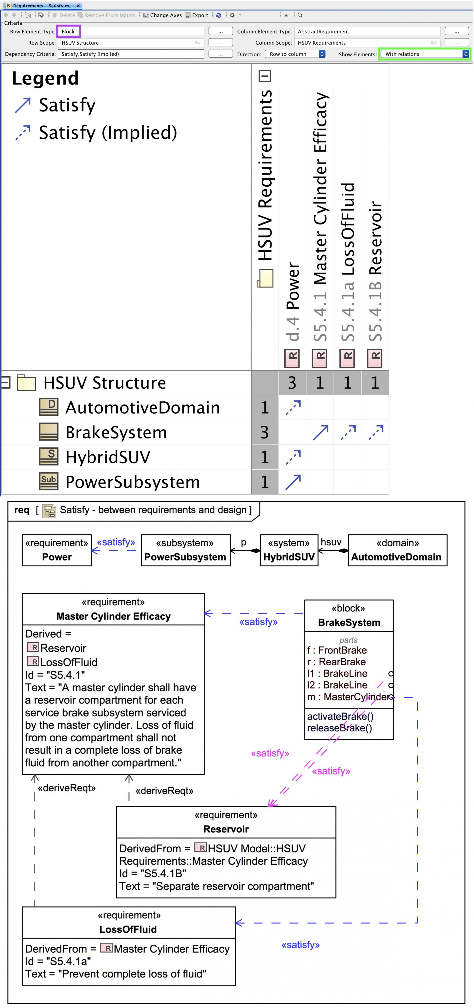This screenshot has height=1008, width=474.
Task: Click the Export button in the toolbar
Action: click(197, 15)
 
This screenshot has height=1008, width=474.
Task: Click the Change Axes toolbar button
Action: click(162, 15)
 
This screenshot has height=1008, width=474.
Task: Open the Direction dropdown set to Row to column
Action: click(295, 54)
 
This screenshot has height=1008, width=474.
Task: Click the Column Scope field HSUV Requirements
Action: click(367, 43)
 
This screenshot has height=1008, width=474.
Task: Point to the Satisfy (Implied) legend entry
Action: click(107, 133)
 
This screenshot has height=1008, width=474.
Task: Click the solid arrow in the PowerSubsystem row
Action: click(293, 482)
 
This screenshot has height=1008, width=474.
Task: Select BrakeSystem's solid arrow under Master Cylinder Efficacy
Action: click(320, 432)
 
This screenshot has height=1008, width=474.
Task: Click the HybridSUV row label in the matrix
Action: click(108, 457)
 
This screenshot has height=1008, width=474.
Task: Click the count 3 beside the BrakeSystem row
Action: click(264, 432)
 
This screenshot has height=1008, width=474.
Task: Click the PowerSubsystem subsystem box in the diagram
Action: click(186, 550)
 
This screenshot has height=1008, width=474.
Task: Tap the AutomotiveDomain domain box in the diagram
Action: click(397, 550)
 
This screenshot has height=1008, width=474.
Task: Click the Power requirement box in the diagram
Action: click(57, 550)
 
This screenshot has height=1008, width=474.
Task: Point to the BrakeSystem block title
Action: click(349, 622)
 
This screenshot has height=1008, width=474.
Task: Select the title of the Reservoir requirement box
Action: click(226, 829)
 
